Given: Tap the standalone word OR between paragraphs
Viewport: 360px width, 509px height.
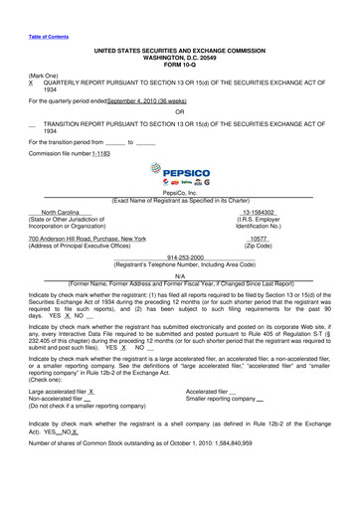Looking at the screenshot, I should (x=179, y=111).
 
